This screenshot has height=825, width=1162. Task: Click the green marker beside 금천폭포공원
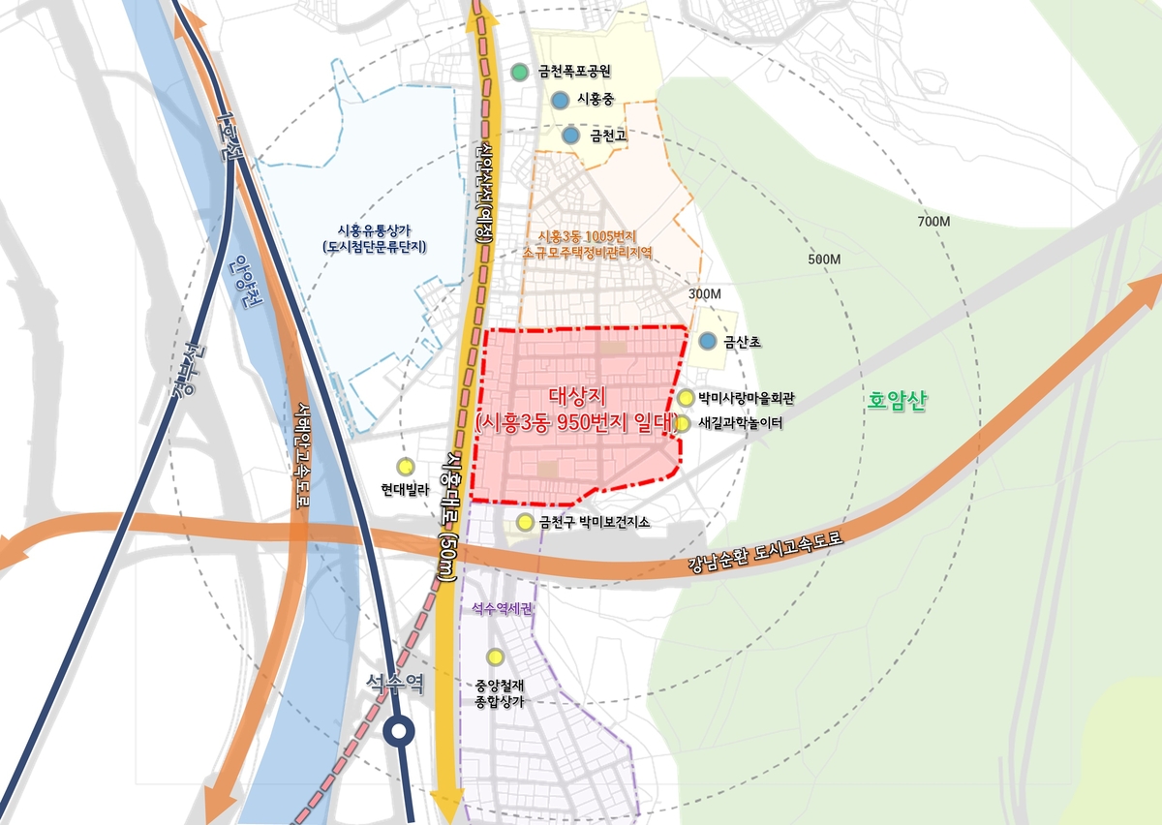[520, 72]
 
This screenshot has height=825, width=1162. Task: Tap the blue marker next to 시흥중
[560, 99]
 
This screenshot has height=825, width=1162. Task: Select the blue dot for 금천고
[570, 136]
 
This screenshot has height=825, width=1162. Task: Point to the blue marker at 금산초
[708, 341]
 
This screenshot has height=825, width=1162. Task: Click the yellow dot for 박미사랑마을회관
[686, 397]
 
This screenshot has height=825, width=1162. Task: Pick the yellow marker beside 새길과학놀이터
[682, 423]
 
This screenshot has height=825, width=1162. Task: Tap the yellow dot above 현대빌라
[405, 467]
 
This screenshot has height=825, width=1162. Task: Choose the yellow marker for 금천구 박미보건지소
[525, 523]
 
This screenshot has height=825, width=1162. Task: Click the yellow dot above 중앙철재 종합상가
[495, 657]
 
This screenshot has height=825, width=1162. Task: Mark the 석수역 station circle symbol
[397, 732]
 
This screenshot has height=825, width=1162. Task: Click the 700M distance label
[933, 223]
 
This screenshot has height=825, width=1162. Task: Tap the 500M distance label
[823, 260]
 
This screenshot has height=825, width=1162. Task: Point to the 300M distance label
[705, 293]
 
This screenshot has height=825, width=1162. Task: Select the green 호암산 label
[898, 401]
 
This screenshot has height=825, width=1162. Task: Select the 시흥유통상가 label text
[375, 229]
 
